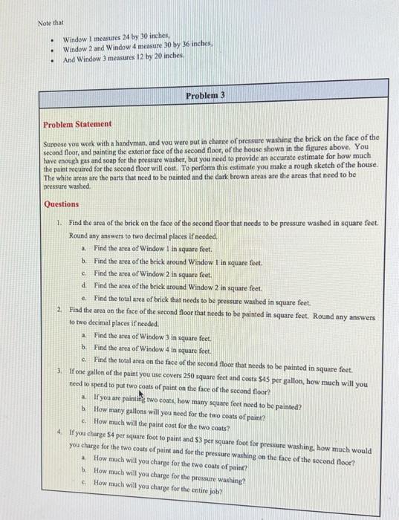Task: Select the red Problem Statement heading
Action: tap(77, 124)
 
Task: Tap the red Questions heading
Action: tap(61, 204)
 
